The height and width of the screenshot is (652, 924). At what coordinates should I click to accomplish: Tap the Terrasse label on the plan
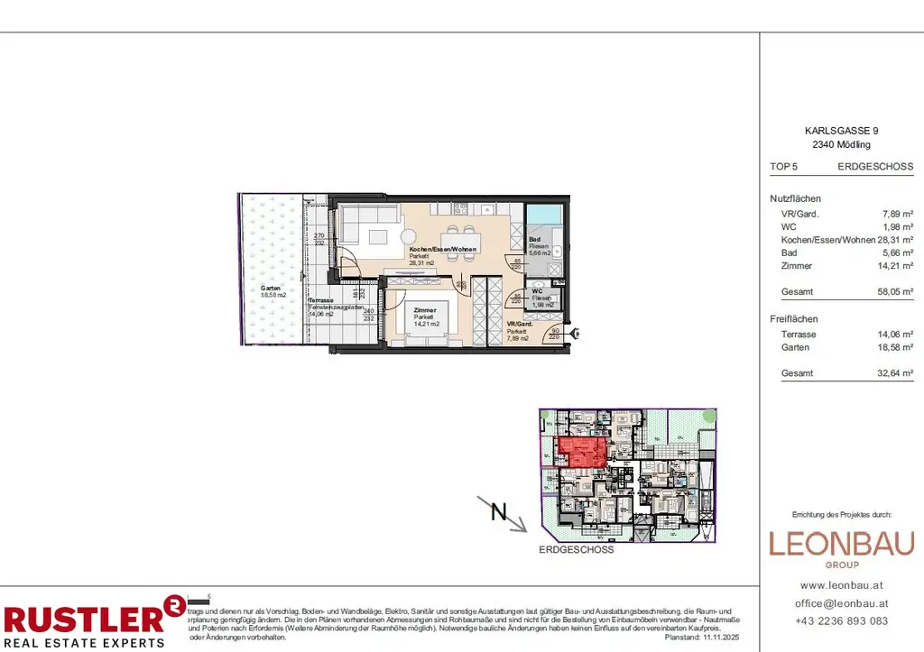pos(321,299)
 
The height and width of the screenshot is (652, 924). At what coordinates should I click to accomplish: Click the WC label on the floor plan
pos(536,290)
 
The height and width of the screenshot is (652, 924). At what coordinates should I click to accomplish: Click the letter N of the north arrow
pos(497,511)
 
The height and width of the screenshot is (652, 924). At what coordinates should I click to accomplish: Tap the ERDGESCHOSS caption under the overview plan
pos(576,549)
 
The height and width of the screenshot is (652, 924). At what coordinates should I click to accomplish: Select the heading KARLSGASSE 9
pos(840,131)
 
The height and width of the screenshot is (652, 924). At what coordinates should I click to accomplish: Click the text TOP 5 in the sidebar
pos(784,167)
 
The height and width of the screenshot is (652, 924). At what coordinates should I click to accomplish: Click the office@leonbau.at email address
pos(841,602)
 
